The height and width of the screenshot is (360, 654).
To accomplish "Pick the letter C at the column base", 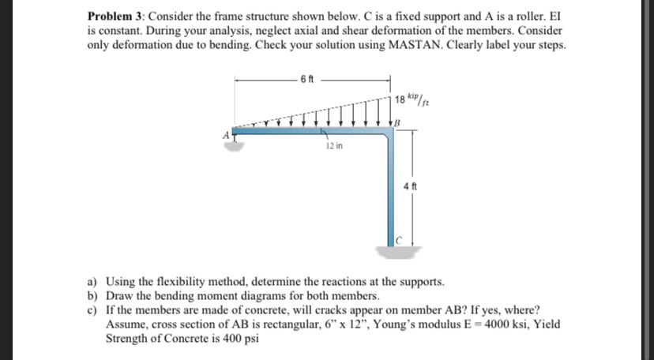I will pyautogui.click(x=400, y=240).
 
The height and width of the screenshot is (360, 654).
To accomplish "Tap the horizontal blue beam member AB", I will pyautogui.click(x=308, y=135).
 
